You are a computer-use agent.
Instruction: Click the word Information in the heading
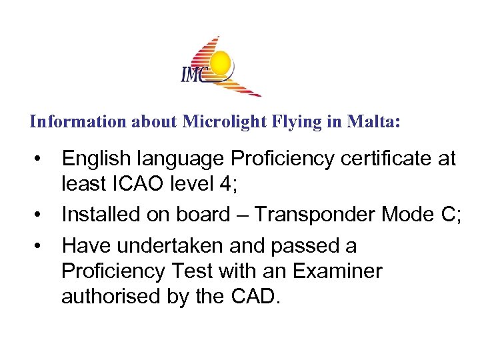[x=69, y=123]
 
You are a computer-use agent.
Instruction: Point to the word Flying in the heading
[x=275, y=123]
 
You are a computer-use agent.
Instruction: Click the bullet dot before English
[x=41, y=159]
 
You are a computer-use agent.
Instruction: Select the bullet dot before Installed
[x=41, y=215]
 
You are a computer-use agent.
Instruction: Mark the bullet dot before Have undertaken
[x=41, y=247]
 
